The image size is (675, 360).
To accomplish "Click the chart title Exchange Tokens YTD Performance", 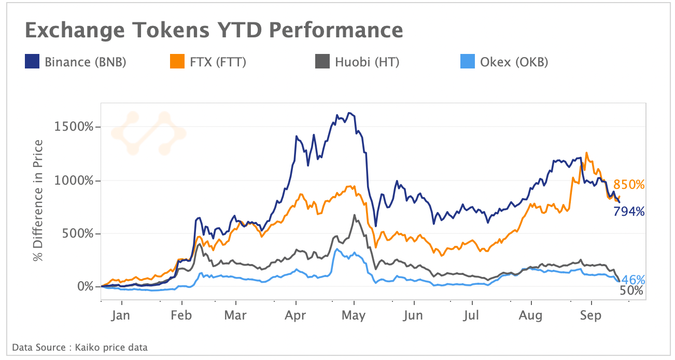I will click(214, 31).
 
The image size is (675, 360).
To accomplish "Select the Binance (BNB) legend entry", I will click(76, 62).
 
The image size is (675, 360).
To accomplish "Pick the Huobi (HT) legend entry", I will click(357, 62).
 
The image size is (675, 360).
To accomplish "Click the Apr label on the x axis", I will click(296, 315).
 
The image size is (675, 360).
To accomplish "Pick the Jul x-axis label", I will click(472, 315).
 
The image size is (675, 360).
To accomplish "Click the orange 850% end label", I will click(629, 185).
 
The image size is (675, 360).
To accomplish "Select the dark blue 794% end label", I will click(629, 211).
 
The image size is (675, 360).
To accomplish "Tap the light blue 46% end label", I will click(632, 280).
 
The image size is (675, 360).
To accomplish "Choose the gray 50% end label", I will click(631, 291).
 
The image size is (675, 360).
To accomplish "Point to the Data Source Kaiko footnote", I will click(79, 347).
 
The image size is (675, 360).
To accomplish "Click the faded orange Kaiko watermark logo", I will click(148, 133).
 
